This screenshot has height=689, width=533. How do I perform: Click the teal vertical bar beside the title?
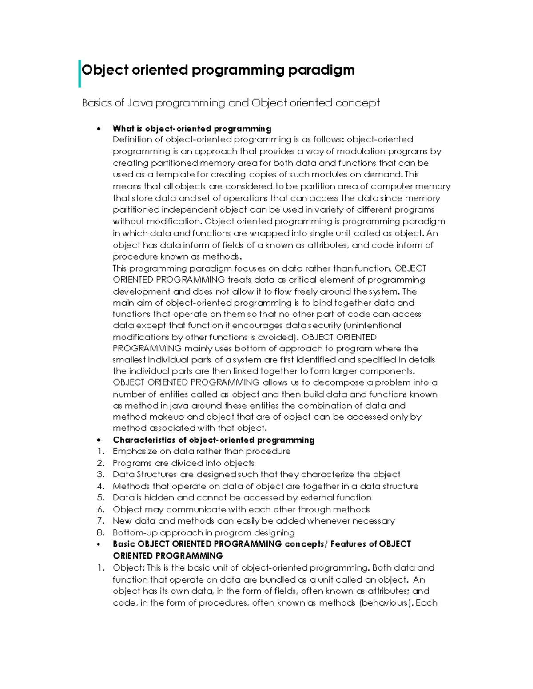click(80, 74)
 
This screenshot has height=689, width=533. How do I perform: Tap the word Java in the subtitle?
click(139, 103)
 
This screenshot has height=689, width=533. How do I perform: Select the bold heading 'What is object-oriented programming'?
click(192, 129)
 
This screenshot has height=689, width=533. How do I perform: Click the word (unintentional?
click(368, 325)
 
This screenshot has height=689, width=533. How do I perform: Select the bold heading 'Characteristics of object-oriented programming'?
click(214, 440)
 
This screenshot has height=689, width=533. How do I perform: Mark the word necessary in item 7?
click(373, 521)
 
